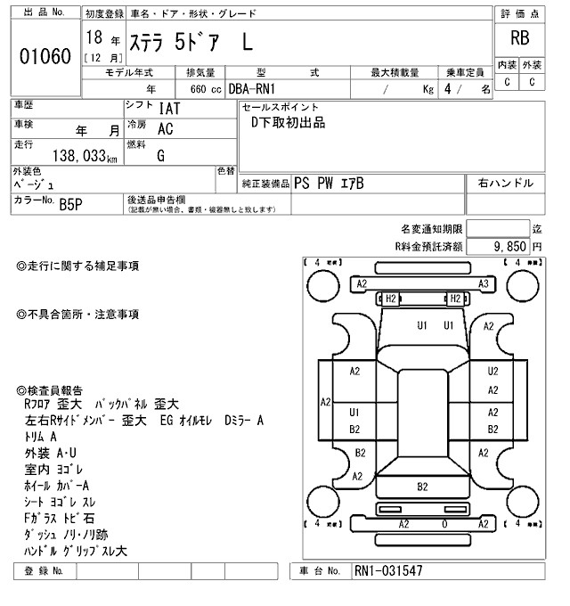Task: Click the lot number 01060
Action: (x=44, y=56)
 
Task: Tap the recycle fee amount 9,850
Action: (x=510, y=245)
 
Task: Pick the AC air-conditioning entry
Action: (x=165, y=128)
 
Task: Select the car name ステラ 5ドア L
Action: (x=191, y=41)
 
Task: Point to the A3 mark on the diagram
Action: (x=484, y=283)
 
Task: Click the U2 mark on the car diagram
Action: (x=493, y=371)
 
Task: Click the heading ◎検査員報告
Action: (x=50, y=390)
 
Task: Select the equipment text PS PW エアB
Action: (x=329, y=184)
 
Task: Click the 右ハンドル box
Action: (x=506, y=184)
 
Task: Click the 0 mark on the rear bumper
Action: (x=445, y=524)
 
